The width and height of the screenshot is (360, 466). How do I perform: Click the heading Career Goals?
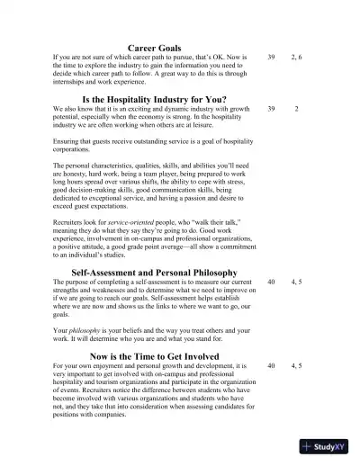[x=155, y=48]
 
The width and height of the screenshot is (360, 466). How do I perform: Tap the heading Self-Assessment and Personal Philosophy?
[x=154, y=272]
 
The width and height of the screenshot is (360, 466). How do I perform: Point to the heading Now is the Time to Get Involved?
[x=154, y=356]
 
